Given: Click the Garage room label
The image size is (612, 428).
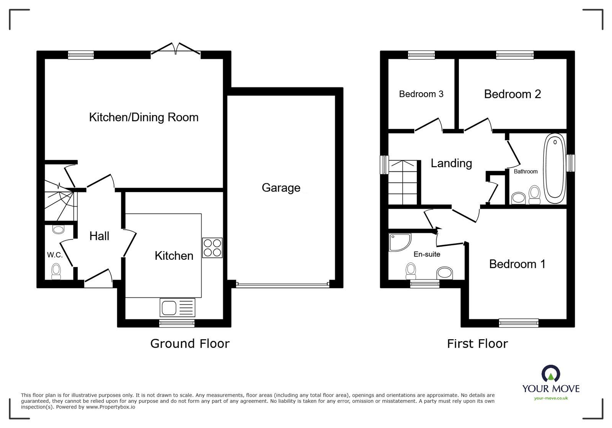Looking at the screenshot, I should [281, 188].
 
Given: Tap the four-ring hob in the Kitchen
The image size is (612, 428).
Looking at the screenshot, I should [212, 248].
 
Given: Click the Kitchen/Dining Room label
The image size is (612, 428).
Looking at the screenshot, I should [144, 117].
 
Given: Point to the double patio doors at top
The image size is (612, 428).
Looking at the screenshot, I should [176, 50].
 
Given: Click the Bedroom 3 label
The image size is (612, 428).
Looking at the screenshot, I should [421, 94].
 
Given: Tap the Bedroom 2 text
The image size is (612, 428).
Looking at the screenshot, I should [512, 94].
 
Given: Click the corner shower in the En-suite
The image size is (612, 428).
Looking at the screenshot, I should [399, 242].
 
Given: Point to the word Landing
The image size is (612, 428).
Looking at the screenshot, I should [451, 163].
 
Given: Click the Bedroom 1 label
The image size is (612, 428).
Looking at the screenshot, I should [517, 264].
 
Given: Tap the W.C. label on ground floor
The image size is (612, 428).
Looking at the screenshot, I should [55, 255].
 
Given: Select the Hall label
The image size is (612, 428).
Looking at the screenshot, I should [99, 236].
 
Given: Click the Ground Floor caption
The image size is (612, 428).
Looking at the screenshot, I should [190, 343].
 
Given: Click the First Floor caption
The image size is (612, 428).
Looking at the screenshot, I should [477, 343].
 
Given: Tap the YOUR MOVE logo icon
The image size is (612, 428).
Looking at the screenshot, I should [551, 374].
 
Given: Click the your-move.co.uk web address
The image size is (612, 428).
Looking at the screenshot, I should [551, 398].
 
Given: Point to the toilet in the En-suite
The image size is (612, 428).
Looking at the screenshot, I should [411, 271].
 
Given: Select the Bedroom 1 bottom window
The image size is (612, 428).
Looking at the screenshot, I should [518, 323].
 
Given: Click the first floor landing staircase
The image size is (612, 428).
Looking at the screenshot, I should [402, 183].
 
